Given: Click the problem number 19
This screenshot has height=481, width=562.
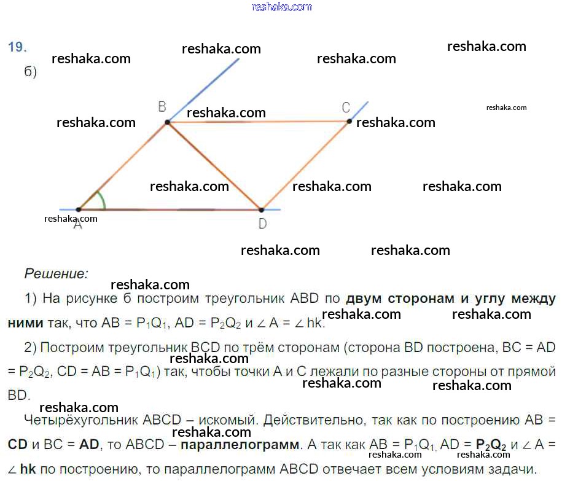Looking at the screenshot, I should coord(17,47).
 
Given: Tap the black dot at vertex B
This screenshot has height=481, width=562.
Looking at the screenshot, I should coord(167,123).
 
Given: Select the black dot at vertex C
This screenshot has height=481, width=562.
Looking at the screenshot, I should coord(349,121).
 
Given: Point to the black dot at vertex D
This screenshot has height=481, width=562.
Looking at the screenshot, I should coord(261,209).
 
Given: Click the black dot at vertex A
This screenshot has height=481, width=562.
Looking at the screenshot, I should coord(79,209).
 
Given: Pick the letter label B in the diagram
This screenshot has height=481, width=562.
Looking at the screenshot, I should coord(162,107).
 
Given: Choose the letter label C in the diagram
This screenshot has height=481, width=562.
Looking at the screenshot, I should coord(346,108).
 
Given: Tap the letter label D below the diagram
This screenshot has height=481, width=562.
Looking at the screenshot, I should coord(262,224).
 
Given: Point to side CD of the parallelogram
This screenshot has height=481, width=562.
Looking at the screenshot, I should coord(305,165).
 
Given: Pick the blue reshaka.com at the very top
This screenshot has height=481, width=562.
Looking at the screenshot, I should coord(282,7).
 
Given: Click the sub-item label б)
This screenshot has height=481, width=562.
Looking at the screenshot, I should coord(31,72).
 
